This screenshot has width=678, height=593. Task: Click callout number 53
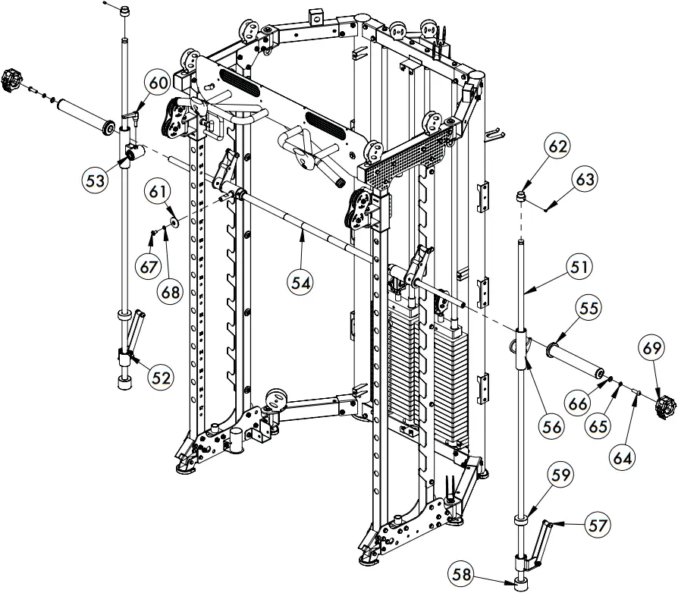tap(95, 180)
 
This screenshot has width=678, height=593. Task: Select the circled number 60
tap(157, 82)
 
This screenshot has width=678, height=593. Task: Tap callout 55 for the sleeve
tap(589, 309)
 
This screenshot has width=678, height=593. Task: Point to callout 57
tap(599, 525)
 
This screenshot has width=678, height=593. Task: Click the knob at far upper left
tap(13, 78)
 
